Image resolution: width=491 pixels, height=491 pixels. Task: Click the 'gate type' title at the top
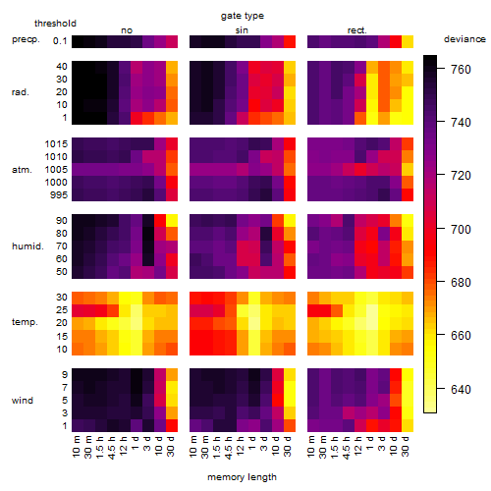click(243, 16)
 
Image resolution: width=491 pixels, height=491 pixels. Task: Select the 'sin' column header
click(242, 30)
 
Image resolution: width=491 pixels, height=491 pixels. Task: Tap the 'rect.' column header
click(357, 30)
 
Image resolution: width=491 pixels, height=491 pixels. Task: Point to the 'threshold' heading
click(55, 24)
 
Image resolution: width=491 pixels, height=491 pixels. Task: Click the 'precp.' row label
click(26, 39)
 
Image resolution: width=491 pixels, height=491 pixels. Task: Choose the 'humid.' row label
click(27, 245)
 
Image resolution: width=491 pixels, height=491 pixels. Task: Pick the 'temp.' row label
click(25, 322)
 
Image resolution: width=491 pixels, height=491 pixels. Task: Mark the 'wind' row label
click(23, 401)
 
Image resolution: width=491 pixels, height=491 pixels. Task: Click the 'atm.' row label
click(22, 170)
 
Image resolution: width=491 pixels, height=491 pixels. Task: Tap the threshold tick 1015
click(56, 143)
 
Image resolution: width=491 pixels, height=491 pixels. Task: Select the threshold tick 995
click(59, 195)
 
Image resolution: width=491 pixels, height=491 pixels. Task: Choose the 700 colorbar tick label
click(461, 229)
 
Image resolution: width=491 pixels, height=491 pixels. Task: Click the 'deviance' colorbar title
click(464, 39)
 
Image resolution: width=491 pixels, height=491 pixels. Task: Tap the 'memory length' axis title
click(243, 477)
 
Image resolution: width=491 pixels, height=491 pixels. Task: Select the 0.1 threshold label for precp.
click(60, 41)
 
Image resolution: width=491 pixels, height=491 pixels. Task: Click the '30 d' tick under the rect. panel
click(406, 446)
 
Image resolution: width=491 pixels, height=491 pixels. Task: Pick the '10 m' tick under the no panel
click(76, 446)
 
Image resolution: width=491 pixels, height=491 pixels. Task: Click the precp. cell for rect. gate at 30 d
click(408, 41)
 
